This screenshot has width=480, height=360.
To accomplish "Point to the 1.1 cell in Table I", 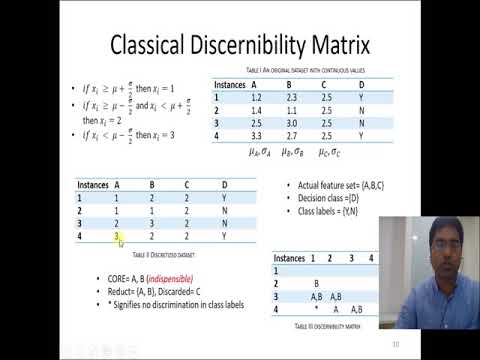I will (x=292, y=111).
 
